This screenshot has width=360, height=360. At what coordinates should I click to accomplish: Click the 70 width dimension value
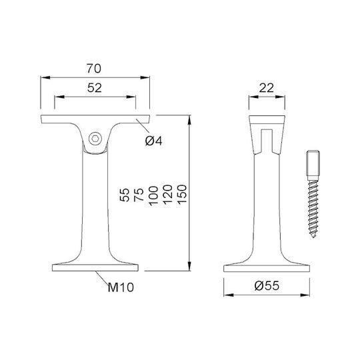[94, 69]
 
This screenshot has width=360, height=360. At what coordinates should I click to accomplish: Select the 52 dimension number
[95, 88]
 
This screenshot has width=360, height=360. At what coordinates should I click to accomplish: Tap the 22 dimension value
[267, 88]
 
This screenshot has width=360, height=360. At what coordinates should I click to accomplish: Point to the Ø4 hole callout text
[154, 141]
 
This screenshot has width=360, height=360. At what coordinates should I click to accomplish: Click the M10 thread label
[121, 287]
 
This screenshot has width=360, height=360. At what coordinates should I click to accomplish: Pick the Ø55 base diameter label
[267, 285]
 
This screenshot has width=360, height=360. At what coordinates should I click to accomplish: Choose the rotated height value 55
[125, 195]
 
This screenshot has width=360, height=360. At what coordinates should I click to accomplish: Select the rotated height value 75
[139, 195]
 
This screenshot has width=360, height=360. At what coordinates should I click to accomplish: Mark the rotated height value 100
[153, 195]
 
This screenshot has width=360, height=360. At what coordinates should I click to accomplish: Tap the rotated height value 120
[167, 195]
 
